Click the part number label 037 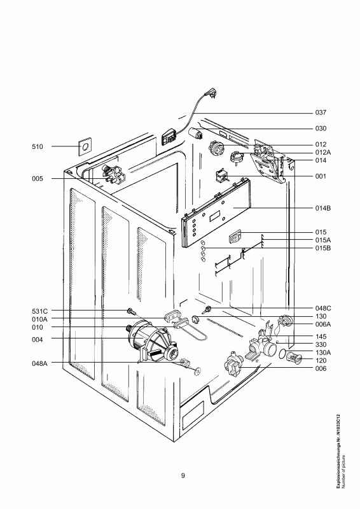(x=321, y=113)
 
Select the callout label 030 (x=321, y=129)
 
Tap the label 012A (x=322, y=153)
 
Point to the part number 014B (x=322, y=209)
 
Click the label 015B (x=322, y=249)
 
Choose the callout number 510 (x=38, y=147)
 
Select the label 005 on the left (x=38, y=179)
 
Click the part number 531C (x=39, y=311)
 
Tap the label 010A (x=39, y=319)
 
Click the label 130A (x=322, y=352)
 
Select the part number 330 (x=321, y=344)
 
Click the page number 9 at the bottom (x=183, y=476)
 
